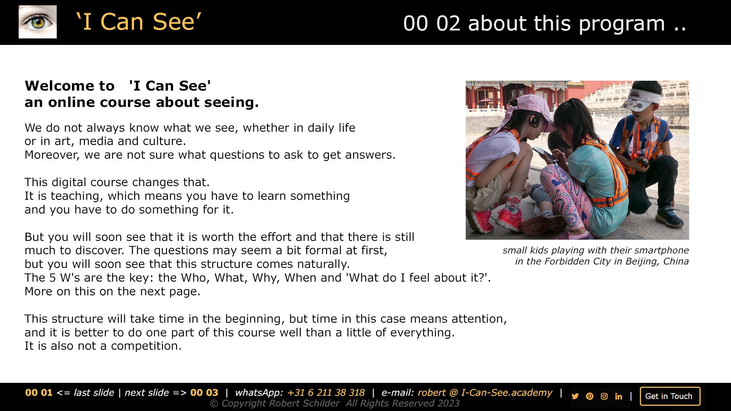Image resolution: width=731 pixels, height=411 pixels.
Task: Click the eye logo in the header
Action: point(38,22)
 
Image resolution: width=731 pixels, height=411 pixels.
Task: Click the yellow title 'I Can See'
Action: point(139,22)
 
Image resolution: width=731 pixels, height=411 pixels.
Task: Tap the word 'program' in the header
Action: point(621,24)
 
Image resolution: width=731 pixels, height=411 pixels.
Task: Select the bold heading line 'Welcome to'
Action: point(70,86)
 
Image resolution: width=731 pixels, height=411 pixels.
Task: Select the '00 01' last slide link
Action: point(39,393)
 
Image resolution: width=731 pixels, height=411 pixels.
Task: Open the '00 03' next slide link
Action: point(204,393)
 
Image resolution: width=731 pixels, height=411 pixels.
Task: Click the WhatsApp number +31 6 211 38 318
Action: point(326,393)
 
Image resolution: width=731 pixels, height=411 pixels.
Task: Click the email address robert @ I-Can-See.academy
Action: point(485,393)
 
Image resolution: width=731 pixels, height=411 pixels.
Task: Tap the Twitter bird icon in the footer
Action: point(575,396)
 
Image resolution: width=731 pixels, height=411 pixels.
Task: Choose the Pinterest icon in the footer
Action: point(590,396)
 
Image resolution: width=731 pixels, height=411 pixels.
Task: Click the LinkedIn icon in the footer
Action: point(619,396)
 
